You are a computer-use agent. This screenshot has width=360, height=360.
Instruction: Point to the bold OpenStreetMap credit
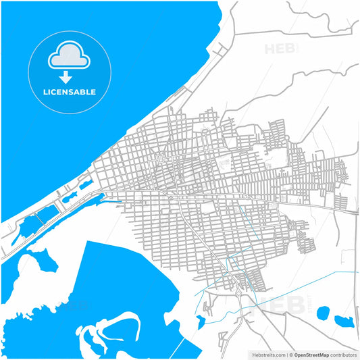pyautogui.click(x=311, y=354)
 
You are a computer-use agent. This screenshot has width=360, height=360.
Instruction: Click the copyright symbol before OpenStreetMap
pyautogui.click(x=292, y=354)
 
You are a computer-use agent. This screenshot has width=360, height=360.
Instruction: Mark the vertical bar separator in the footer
pyautogui.click(x=286, y=354)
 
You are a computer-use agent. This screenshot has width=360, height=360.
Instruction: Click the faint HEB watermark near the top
pyautogui.click(x=278, y=49)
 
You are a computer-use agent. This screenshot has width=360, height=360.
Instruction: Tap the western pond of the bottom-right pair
pyautogui.click(x=323, y=312)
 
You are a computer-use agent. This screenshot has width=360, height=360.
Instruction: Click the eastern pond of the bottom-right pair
pyautogui.click(x=344, y=319)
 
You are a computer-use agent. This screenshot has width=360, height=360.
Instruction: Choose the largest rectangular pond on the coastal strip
pyautogui.click(x=45, y=215)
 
